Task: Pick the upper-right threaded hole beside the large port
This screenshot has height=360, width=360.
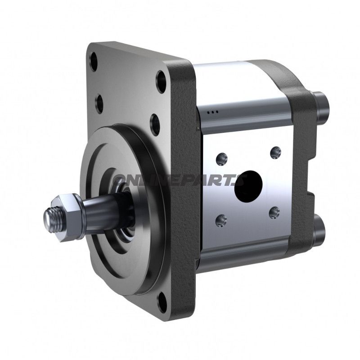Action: pyautogui.click(x=275, y=152)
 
